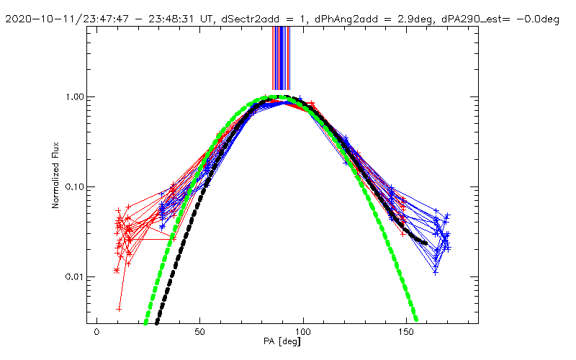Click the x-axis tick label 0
[x=96, y=333]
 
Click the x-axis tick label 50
[x=200, y=333]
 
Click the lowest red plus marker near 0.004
[x=120, y=308]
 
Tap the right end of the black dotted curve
[x=426, y=243]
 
